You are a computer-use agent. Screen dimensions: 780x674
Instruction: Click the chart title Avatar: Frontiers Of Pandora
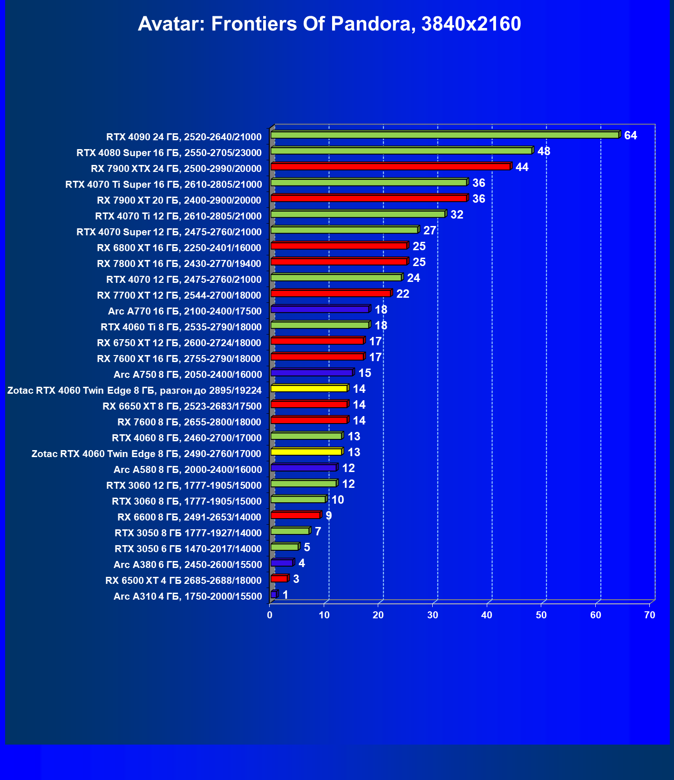point(329,24)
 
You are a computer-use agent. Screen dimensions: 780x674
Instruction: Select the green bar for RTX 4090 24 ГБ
point(444,135)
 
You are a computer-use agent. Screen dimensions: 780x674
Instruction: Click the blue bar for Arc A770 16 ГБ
point(320,309)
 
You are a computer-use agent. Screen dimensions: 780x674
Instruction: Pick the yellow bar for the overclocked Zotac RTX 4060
point(309,389)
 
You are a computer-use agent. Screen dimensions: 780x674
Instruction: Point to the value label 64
point(630,136)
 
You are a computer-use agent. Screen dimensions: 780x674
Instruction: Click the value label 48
point(544,151)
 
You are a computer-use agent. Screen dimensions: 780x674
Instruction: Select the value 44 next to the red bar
point(522,167)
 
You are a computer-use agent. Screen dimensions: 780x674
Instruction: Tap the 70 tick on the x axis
point(649,615)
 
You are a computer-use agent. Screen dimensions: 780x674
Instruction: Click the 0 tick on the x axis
point(270,615)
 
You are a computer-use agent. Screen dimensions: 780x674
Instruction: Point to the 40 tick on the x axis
point(487,615)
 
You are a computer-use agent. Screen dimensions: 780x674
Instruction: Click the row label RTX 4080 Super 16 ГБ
point(169,153)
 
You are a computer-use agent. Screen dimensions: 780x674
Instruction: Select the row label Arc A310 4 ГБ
point(188,596)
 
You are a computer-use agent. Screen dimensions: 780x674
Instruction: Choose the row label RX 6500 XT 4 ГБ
point(184,581)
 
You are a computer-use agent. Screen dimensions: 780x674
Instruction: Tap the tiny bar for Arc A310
point(273,595)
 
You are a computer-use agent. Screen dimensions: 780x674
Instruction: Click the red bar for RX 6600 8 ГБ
point(295,515)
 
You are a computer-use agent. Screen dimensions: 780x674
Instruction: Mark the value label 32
point(456,215)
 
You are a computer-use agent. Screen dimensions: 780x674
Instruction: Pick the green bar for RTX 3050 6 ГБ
point(284,547)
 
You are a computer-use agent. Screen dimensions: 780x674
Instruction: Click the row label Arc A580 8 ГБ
point(188,470)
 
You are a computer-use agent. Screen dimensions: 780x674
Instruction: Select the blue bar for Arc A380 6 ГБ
point(282,563)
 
